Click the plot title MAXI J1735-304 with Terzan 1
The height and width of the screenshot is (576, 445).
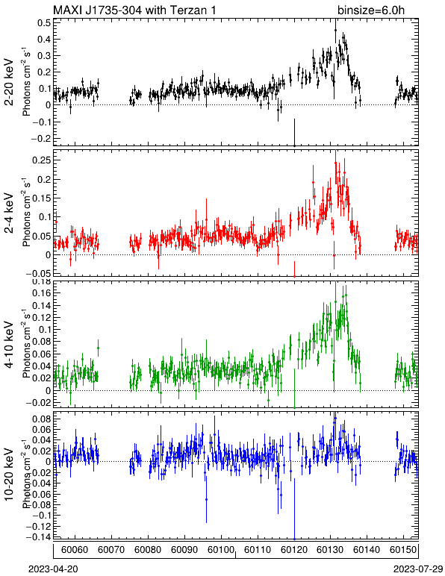pyautogui.click(x=134, y=10)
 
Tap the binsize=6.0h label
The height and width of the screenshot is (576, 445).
pyautogui.click(x=371, y=10)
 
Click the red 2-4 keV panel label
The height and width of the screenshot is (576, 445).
pyautogui.click(x=9, y=214)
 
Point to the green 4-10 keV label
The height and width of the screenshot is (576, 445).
pyautogui.click(x=9, y=345)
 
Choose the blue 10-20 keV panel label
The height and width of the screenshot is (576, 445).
pyautogui.click(x=9, y=475)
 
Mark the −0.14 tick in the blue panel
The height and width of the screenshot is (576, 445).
pyautogui.click(x=38, y=536)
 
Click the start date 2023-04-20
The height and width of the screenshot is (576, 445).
pyautogui.click(x=53, y=569)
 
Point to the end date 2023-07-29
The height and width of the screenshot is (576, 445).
pyautogui.click(x=418, y=569)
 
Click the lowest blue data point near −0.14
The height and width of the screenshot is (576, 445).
pyautogui.click(x=294, y=539)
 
